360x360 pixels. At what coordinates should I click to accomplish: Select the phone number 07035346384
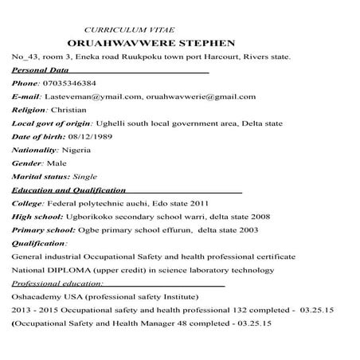(x=70, y=83)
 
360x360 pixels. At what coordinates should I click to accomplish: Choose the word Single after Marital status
(x=85, y=176)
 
